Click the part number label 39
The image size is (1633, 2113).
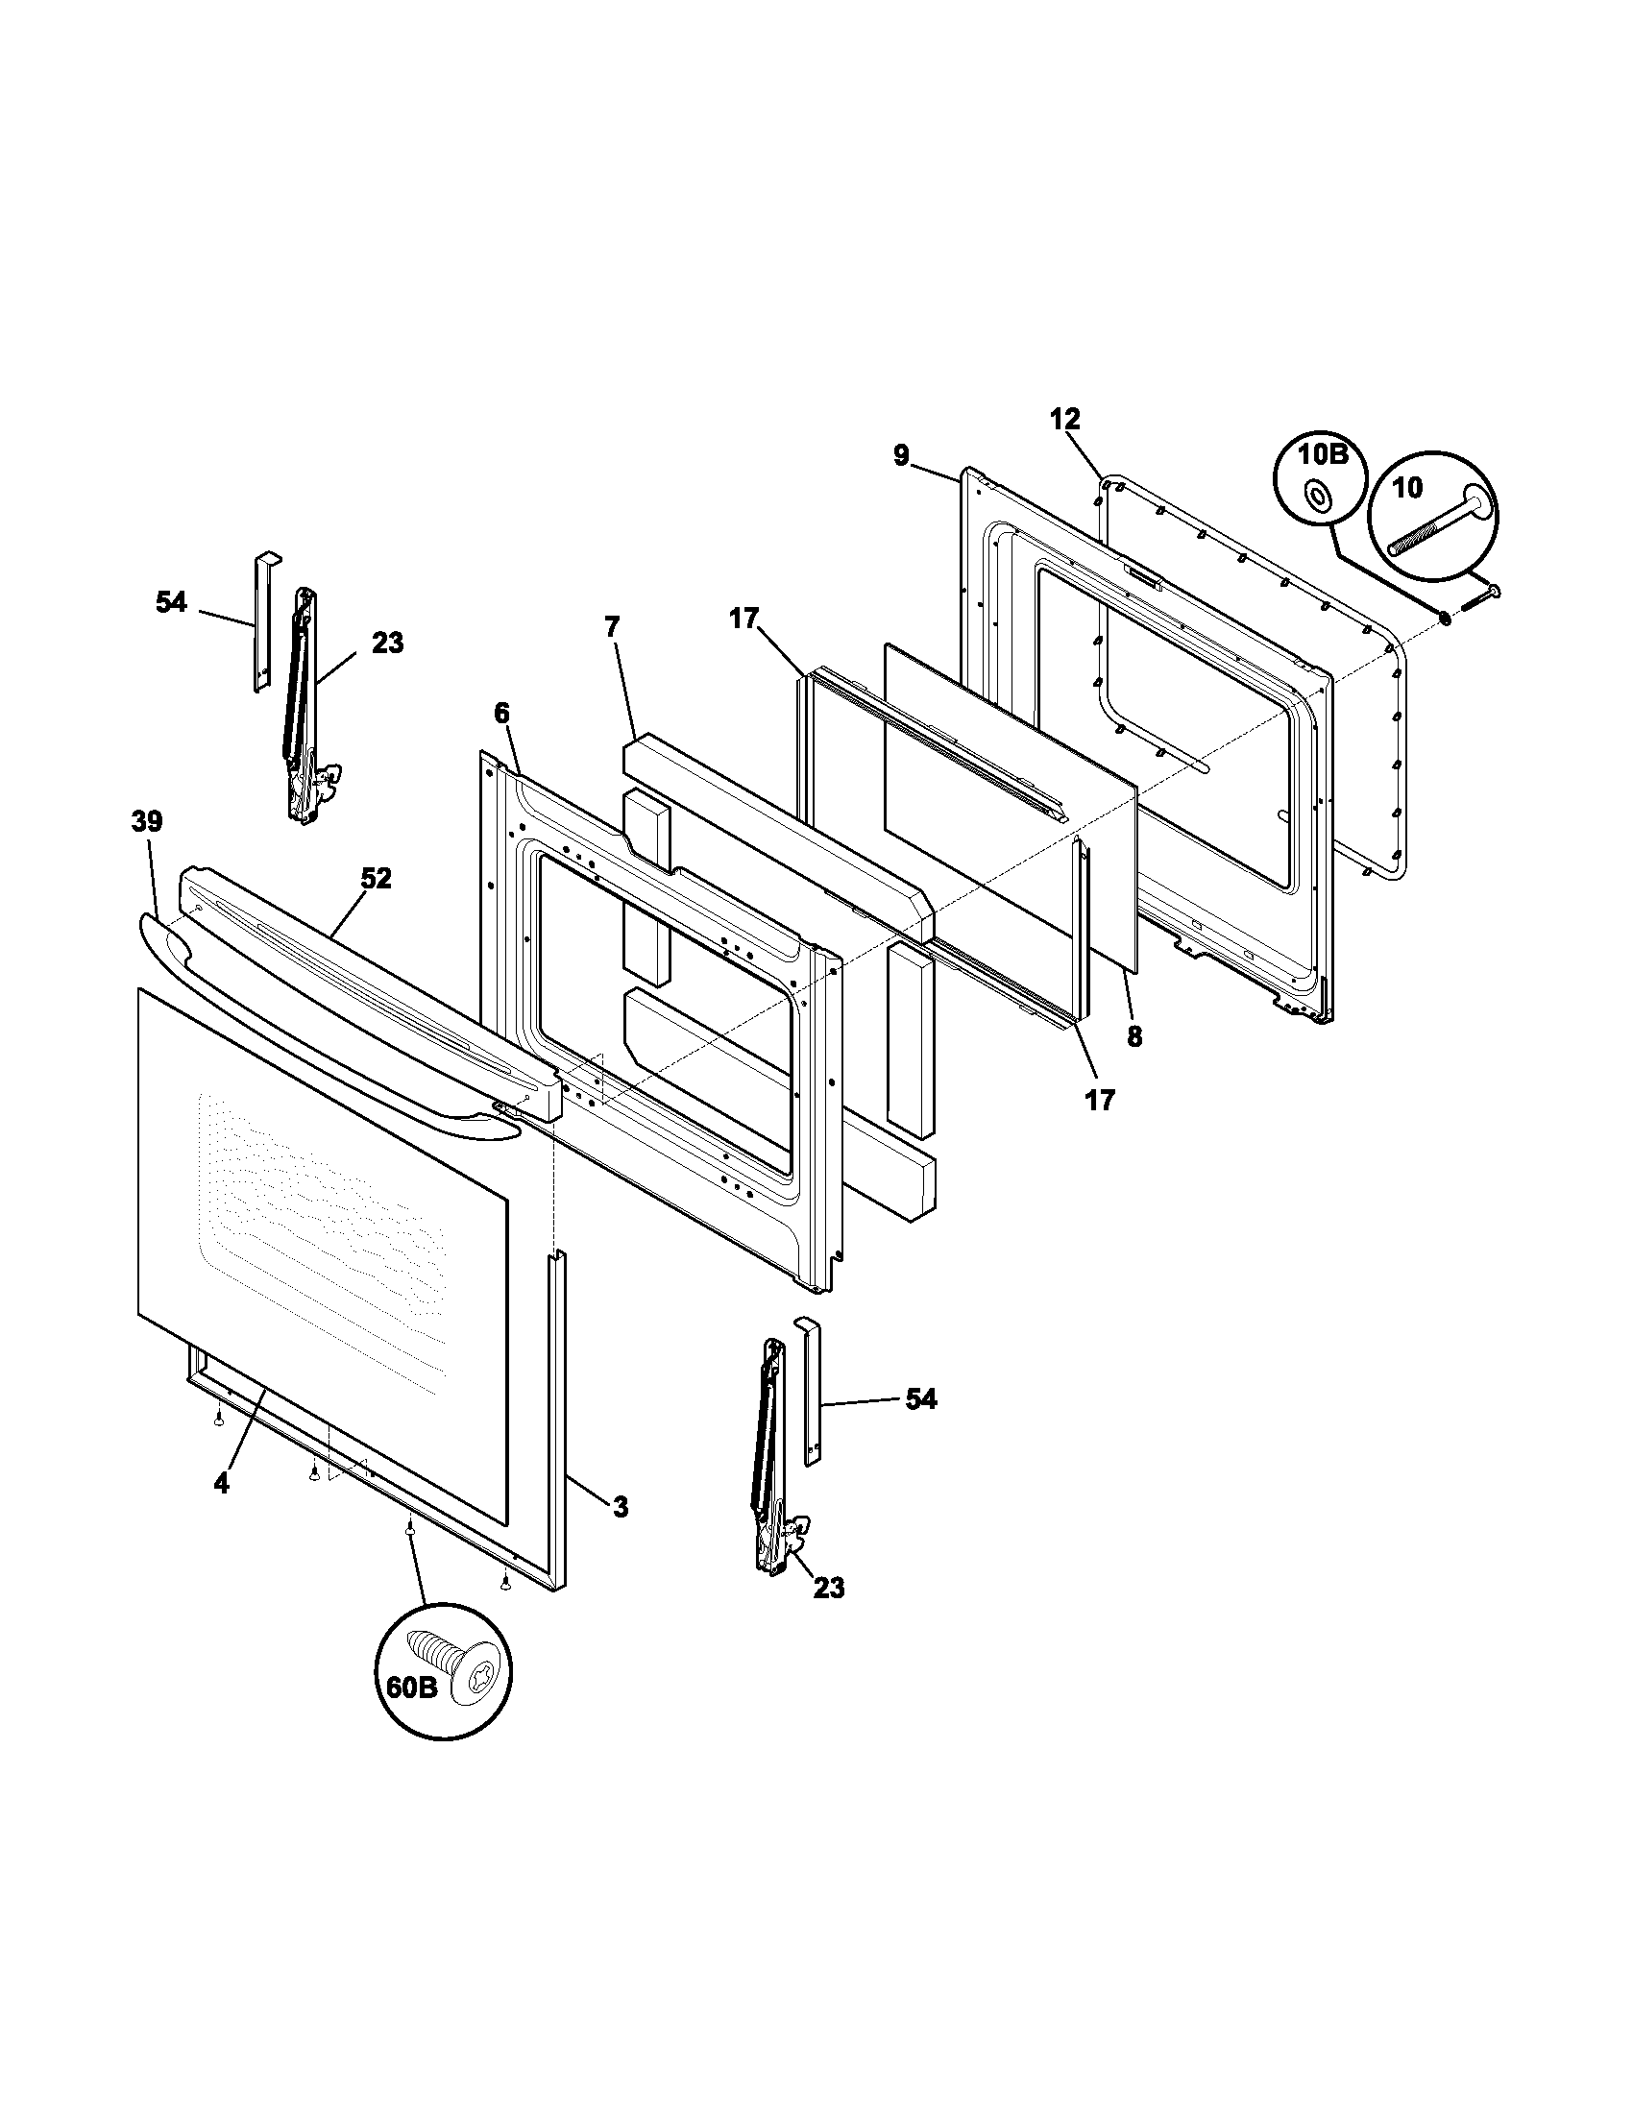147,821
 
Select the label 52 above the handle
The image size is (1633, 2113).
376,878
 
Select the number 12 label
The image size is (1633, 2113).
1064,419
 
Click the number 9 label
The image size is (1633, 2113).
901,454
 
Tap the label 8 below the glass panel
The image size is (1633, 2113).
1133,1037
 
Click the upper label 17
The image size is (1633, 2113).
743,619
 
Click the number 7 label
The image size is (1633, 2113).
610,626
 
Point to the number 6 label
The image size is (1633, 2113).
501,713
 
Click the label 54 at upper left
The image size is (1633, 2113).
170,602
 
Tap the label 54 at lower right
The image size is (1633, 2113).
920,1399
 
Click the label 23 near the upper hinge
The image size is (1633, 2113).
387,643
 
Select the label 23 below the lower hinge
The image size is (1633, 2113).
828,1588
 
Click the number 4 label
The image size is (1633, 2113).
222,1483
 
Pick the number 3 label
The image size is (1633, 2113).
621,1506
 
